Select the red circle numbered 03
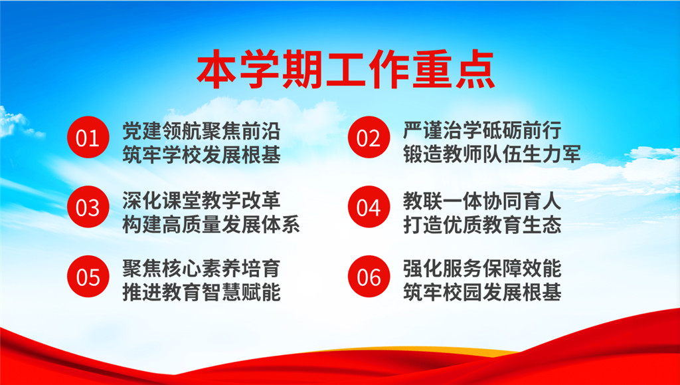coord(88,207)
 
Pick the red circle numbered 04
coord(369,207)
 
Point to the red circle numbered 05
coord(88,277)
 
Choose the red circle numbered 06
coord(369,277)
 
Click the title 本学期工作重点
coord(345,70)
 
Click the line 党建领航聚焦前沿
coord(201,130)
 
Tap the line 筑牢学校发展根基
coord(201,155)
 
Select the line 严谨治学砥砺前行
coord(482,130)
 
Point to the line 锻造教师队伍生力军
coord(492,155)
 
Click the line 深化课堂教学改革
coord(201,200)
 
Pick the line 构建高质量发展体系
coord(211,224)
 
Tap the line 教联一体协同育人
coord(482,200)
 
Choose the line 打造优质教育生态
coord(482,224)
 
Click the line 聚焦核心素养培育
coord(201,269)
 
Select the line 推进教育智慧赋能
coord(201,293)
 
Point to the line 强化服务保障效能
coord(482,269)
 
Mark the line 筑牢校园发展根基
coord(482,293)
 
